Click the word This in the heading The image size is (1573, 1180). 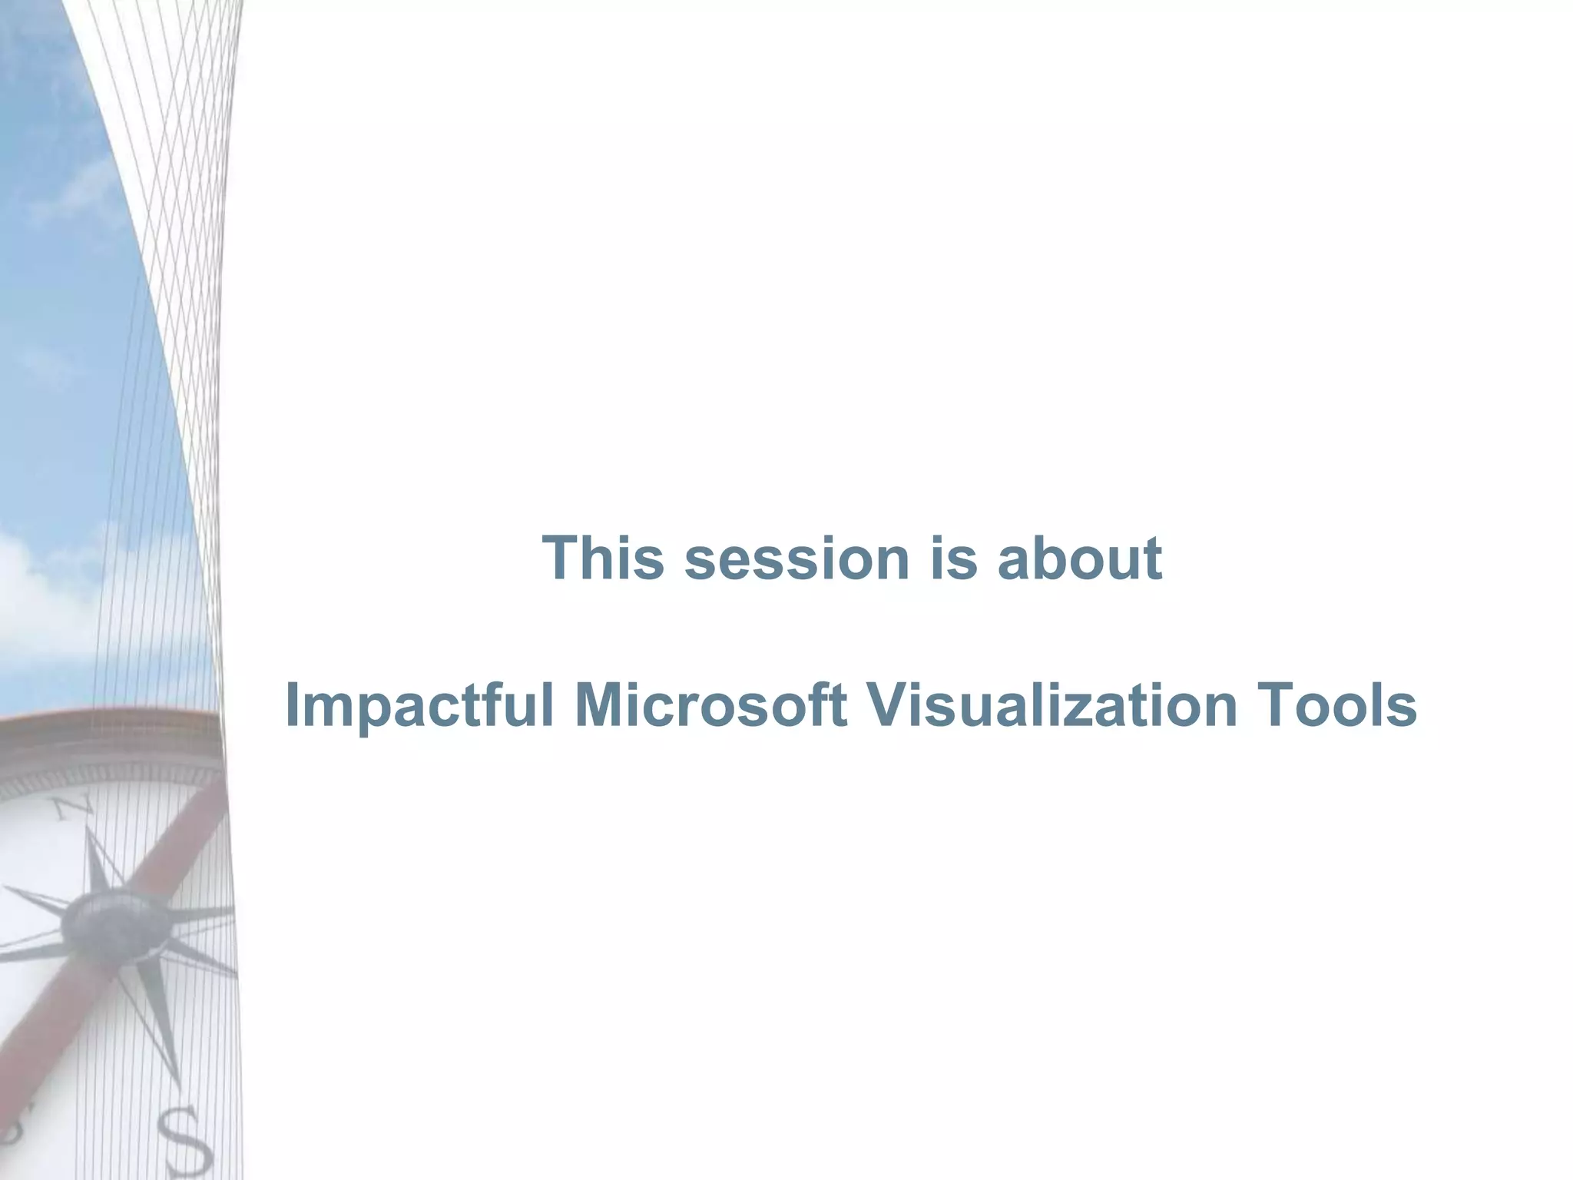point(602,558)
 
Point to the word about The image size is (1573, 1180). point(1079,558)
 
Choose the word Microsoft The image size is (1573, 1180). point(710,705)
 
